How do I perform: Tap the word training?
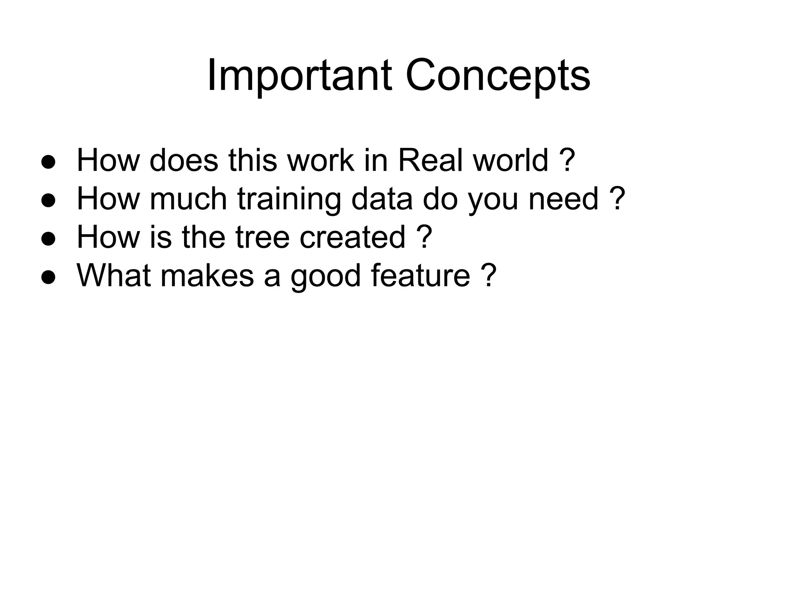click(x=289, y=199)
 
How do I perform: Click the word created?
click(x=353, y=237)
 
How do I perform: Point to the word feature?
click(x=420, y=275)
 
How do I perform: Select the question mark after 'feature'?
click(x=489, y=275)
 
